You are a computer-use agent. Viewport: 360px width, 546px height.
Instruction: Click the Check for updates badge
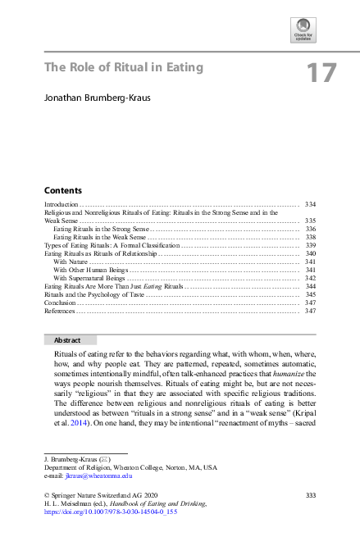tap(303, 30)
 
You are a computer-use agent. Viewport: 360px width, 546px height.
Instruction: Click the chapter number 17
tap(321, 73)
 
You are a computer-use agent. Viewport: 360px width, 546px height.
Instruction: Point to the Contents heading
tap(62, 189)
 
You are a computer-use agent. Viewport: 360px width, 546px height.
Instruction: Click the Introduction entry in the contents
tap(61, 203)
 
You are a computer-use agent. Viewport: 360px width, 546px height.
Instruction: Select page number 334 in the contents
tap(310, 203)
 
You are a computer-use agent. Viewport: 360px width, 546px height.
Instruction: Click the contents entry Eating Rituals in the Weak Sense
tap(98, 237)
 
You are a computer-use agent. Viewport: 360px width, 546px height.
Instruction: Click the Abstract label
tap(68, 339)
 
